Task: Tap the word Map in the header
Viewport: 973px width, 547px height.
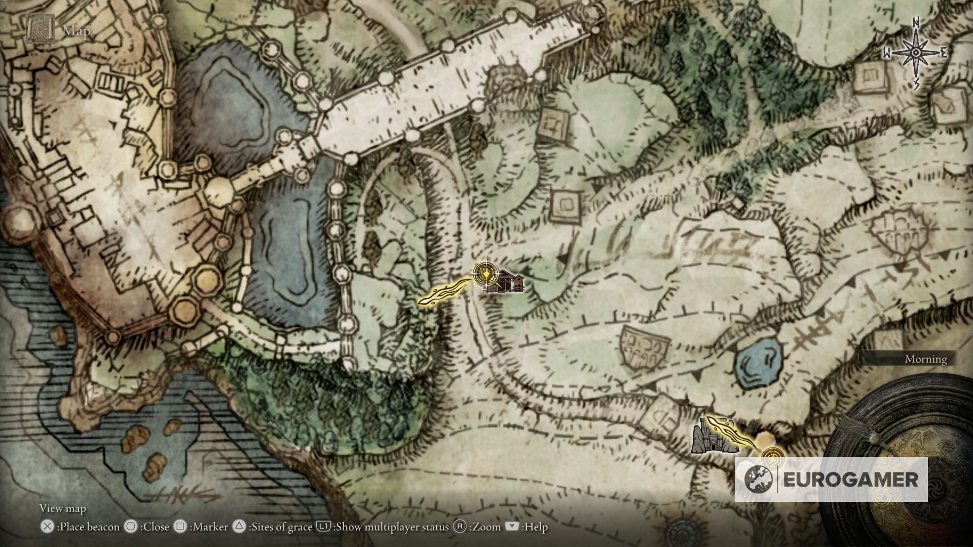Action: [x=77, y=31]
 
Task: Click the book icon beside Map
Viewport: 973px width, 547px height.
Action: [x=40, y=30]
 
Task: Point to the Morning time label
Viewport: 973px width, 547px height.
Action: [x=925, y=359]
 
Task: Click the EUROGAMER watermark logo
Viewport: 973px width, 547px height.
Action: [x=831, y=480]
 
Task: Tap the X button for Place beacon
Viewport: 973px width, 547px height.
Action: [x=47, y=527]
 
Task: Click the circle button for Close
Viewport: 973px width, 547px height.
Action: [x=131, y=527]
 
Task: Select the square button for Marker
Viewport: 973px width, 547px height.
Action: [x=180, y=527]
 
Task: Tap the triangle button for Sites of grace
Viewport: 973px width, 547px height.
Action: [x=239, y=527]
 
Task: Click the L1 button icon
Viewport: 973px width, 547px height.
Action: [x=323, y=527]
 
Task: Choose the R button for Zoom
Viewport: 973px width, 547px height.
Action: [x=460, y=527]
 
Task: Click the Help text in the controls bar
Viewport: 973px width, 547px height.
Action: [x=536, y=527]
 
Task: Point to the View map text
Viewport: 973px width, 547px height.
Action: [x=62, y=508]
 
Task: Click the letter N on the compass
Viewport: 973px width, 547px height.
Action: [x=916, y=23]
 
